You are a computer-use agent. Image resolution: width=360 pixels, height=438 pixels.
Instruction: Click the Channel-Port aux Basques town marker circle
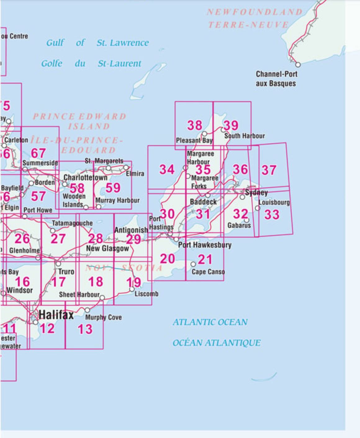[x=298, y=65]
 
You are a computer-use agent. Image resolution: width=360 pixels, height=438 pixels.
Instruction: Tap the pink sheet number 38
[x=195, y=126]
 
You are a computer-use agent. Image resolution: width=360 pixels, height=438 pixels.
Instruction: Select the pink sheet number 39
[x=231, y=126]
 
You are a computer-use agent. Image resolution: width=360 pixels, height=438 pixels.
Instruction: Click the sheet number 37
[x=268, y=170]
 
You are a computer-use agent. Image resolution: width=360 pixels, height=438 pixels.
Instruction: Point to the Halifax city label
[x=56, y=315]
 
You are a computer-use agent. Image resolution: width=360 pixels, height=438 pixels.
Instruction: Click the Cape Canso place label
[x=208, y=272]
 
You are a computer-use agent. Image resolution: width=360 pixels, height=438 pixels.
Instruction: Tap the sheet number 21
[x=205, y=260]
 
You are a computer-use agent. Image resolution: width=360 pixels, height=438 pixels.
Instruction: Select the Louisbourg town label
[x=274, y=203]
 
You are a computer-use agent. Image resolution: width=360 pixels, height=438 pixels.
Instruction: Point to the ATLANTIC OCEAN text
[x=210, y=322]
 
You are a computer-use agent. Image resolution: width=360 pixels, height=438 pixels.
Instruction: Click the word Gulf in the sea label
[x=55, y=43]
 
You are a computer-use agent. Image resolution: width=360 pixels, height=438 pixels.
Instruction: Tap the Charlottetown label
[x=85, y=177]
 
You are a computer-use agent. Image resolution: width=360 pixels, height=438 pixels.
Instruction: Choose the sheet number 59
[x=113, y=188]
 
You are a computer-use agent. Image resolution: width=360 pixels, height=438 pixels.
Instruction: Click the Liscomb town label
[x=146, y=294]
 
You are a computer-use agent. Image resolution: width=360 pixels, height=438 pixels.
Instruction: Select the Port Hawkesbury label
[x=205, y=245]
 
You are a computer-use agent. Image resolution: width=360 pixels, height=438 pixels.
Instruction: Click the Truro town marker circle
[x=58, y=264]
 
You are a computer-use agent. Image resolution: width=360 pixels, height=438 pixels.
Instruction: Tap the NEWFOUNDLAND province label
[x=254, y=12]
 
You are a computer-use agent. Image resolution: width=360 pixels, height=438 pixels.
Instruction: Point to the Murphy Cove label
[x=103, y=317]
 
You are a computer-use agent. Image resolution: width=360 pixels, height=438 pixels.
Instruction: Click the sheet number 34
[x=167, y=170]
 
